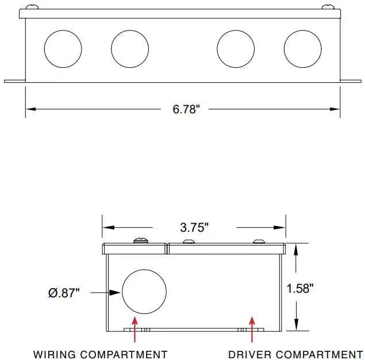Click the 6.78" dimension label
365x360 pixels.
click(x=186, y=109)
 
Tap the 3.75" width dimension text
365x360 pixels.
click(x=194, y=227)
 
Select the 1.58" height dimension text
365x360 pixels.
click(x=300, y=288)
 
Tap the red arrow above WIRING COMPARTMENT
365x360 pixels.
click(x=135, y=330)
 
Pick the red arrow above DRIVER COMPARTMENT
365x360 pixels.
click(x=251, y=330)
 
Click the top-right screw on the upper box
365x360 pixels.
click(x=328, y=7)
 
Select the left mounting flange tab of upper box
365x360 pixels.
click(x=14, y=81)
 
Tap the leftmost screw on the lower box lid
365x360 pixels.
click(x=140, y=240)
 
